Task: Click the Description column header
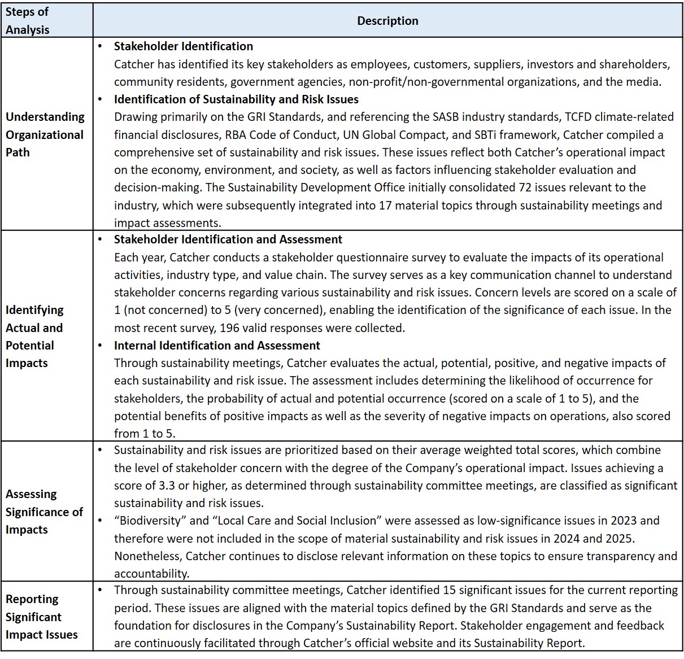(387, 21)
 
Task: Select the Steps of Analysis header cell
(28, 21)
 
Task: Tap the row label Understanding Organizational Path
(45, 134)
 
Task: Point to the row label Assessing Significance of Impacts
(44, 512)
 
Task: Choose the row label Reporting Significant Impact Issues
(41, 617)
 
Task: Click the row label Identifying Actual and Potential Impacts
(34, 336)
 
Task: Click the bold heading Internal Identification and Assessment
(217, 346)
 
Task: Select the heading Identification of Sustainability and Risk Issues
(236, 99)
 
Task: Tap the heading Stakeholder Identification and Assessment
(228, 239)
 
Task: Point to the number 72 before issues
(524, 187)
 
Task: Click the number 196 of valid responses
(229, 328)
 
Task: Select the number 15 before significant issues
(449, 591)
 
